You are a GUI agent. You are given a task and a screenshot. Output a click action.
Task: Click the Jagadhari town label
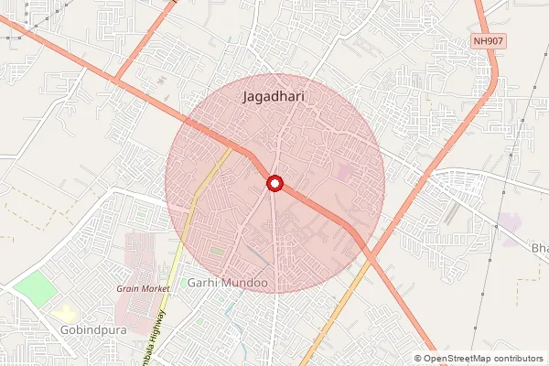pyautogui.click(x=274, y=95)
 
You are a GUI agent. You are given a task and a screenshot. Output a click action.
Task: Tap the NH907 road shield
pyautogui.click(x=490, y=41)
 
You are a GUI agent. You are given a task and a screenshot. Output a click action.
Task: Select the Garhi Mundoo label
pyautogui.click(x=227, y=284)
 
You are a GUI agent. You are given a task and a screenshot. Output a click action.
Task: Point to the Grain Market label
pyautogui.click(x=143, y=288)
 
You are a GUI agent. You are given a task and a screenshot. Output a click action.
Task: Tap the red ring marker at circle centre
pyautogui.click(x=274, y=185)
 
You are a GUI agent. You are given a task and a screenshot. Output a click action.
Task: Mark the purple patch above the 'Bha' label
pyautogui.click(x=509, y=221)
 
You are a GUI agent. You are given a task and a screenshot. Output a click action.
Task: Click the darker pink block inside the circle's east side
pyautogui.click(x=343, y=171)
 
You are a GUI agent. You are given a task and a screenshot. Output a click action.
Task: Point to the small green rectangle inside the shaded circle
pyautogui.click(x=217, y=250)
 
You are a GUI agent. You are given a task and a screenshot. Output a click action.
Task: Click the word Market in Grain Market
pyautogui.click(x=156, y=288)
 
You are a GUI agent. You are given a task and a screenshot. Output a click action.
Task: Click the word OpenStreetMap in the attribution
pyautogui.click(x=455, y=359)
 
